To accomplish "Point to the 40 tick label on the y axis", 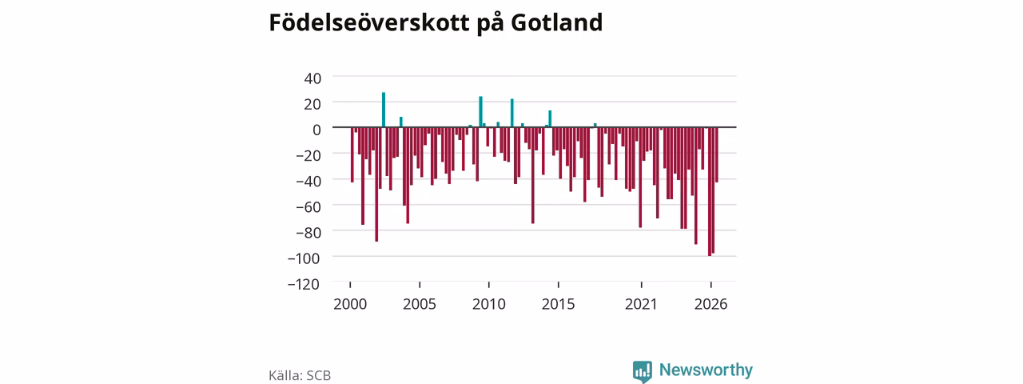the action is [x=312, y=78].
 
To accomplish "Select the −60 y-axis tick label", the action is [x=308, y=206].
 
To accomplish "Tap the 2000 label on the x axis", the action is [x=350, y=304].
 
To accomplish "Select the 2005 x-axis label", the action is [x=420, y=304].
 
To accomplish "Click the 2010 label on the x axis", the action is [x=489, y=304].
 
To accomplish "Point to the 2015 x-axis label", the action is [x=559, y=304].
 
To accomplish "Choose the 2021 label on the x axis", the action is [x=641, y=304].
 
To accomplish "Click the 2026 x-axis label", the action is [x=711, y=304].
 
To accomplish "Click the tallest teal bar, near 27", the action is [x=384, y=110].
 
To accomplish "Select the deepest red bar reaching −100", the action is [x=710, y=191].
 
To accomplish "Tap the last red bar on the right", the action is [x=717, y=154].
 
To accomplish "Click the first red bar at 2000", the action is [x=352, y=154].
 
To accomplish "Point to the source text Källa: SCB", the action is [x=300, y=375].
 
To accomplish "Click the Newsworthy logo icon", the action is [x=643, y=371].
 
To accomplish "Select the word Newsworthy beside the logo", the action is [x=706, y=370].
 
